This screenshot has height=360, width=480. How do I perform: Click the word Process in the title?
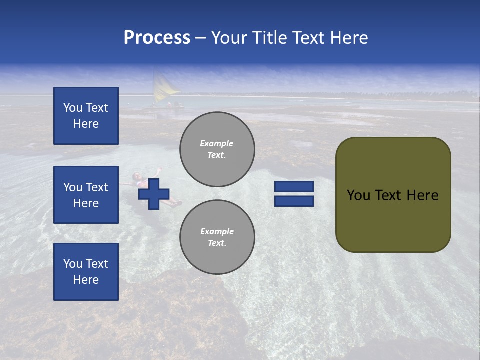pyautogui.click(x=157, y=38)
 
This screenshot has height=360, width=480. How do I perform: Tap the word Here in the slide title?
pyautogui.click(x=348, y=38)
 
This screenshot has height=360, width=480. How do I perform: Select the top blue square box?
pyautogui.click(x=86, y=116)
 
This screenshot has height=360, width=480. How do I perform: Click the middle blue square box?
pyautogui.click(x=86, y=195)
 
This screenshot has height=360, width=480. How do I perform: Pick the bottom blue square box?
pyautogui.click(x=86, y=272)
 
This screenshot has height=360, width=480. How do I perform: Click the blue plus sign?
pyautogui.click(x=154, y=194)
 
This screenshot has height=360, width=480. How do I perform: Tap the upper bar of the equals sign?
pyautogui.click(x=294, y=186)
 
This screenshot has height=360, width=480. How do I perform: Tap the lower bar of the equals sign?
pyautogui.click(x=294, y=201)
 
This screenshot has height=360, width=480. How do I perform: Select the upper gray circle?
pyautogui.click(x=217, y=149)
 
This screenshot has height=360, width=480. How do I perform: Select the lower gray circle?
pyautogui.click(x=217, y=237)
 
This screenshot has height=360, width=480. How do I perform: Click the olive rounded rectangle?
pyautogui.click(x=393, y=194)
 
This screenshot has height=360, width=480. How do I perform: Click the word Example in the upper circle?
pyautogui.click(x=216, y=143)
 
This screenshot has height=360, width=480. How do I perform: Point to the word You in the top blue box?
pyautogui.click(x=72, y=108)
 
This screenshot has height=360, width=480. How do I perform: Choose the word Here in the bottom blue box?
pyautogui.click(x=86, y=280)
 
